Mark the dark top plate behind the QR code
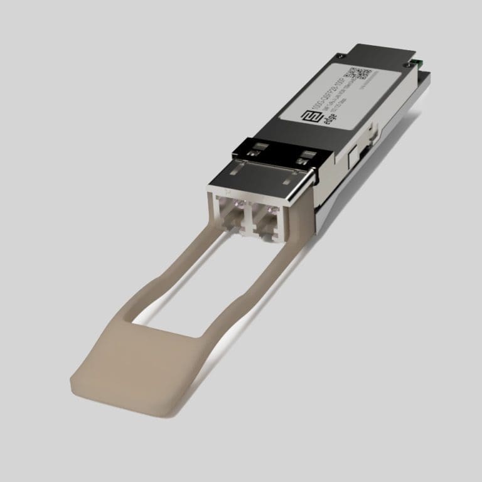coord(383,56)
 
